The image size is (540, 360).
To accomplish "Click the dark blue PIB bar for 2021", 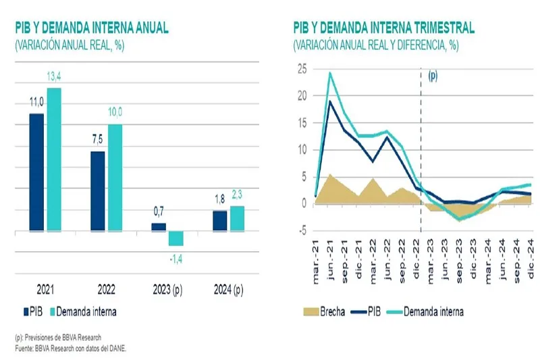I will (36, 172).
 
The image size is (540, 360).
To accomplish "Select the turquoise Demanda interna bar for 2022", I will (115, 178).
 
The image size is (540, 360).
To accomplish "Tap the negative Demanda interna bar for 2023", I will (176, 238).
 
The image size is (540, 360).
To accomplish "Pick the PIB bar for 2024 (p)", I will (220, 221).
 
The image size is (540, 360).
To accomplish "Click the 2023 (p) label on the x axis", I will (167, 291).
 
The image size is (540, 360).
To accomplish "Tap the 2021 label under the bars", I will (45, 291).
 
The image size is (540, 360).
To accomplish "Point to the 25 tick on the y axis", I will (302, 69).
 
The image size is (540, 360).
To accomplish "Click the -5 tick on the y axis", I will (302, 230).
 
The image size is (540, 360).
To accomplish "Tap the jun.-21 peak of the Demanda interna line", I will (331, 73).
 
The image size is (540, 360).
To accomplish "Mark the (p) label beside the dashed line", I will (433, 76).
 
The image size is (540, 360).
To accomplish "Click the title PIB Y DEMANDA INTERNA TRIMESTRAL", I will (383, 28).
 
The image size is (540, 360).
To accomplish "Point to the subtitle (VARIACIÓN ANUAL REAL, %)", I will (70, 45).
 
